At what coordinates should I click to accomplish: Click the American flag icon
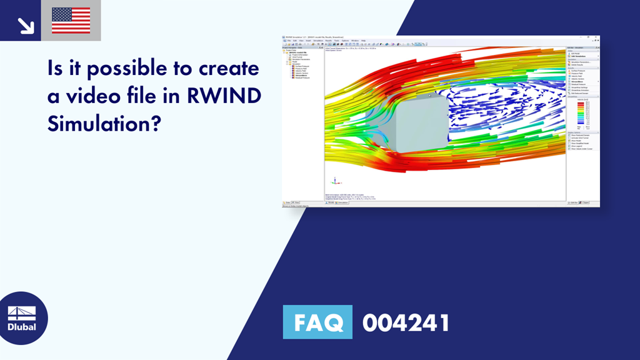71,21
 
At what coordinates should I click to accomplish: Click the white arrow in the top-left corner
26,24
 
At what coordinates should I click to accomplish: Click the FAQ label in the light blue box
317,322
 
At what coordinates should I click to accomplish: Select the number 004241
406,323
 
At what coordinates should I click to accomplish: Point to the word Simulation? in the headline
104,124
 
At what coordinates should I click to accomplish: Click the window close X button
597,37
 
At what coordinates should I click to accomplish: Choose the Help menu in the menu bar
364,41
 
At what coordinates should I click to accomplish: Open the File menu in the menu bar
288,41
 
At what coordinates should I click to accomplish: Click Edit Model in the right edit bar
576,53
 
